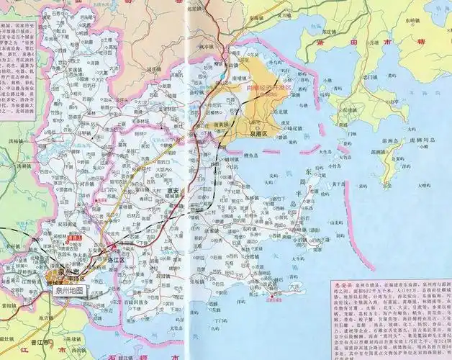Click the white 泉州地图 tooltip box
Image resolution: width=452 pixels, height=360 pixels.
(x=64, y=290)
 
